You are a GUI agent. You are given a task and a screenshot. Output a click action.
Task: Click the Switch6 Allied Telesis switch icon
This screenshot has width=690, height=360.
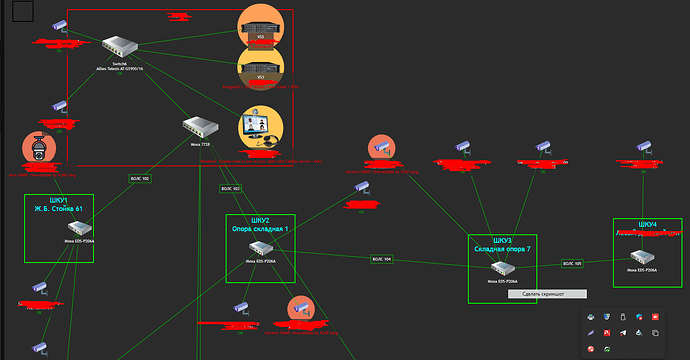point(121,45)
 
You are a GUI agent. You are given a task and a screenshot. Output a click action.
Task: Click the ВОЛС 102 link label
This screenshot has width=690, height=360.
point(139,179)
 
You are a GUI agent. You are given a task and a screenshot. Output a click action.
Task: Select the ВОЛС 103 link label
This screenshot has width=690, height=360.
point(230,188)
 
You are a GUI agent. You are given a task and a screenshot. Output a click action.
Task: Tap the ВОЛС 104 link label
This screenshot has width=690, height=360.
point(381,259)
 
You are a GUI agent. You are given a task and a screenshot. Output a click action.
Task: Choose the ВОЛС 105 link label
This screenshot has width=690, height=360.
point(572,264)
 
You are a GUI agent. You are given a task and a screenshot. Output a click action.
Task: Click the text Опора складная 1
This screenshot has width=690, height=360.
point(260,230)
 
